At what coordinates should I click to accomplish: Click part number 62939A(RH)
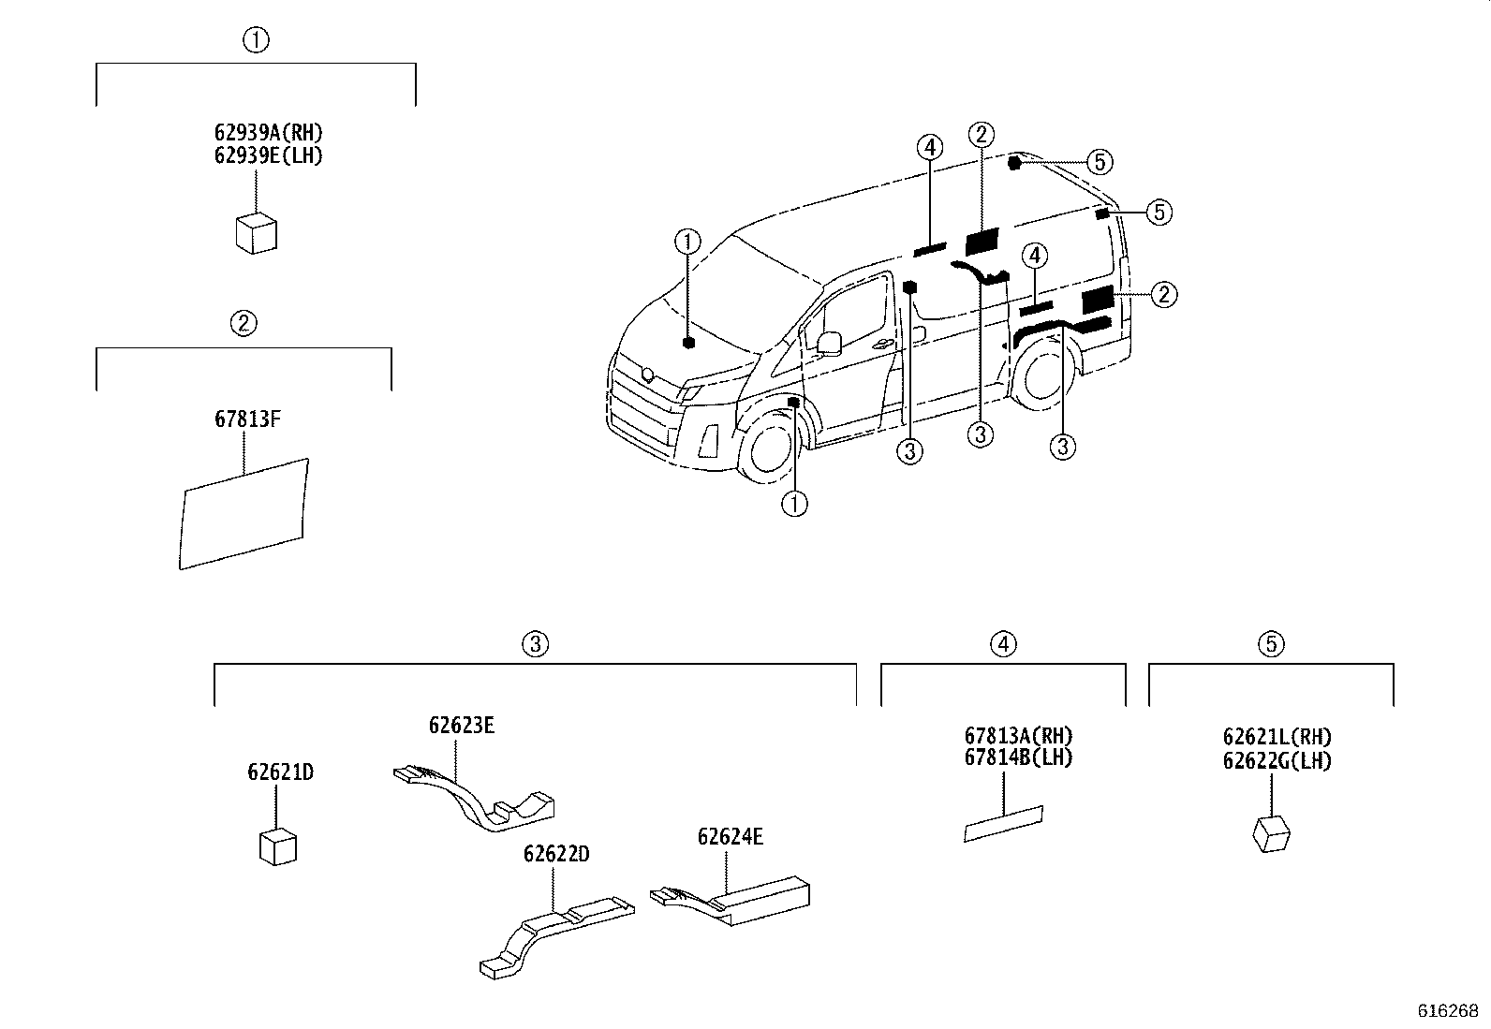point(267,132)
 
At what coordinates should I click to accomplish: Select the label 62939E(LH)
point(267,155)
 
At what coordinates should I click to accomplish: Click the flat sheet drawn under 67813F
point(244,513)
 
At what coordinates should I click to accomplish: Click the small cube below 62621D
point(278,845)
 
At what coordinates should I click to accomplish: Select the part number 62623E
point(462,725)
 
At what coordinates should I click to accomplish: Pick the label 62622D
point(555,854)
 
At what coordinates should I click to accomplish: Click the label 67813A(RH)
point(1018,735)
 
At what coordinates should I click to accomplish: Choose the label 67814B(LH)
point(1018,757)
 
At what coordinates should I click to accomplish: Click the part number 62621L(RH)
point(1277,737)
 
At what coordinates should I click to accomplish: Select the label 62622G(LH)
point(1277,760)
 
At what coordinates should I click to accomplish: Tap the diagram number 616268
point(1447,1011)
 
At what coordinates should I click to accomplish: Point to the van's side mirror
point(828,343)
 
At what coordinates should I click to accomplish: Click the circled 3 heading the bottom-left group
point(534,644)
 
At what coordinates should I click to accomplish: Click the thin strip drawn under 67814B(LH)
point(1004,824)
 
